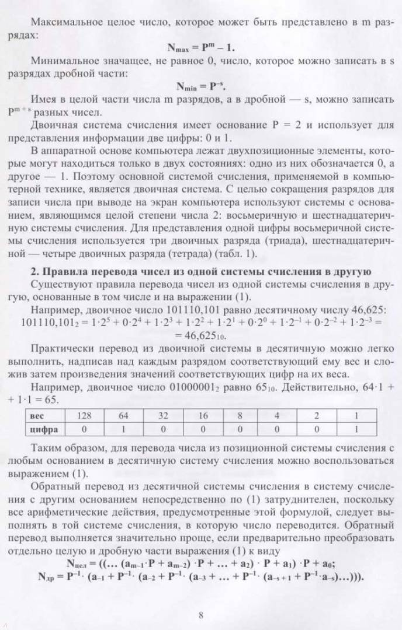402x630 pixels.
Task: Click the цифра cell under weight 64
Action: [x=123, y=429]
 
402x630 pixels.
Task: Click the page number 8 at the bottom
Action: [x=200, y=614]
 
